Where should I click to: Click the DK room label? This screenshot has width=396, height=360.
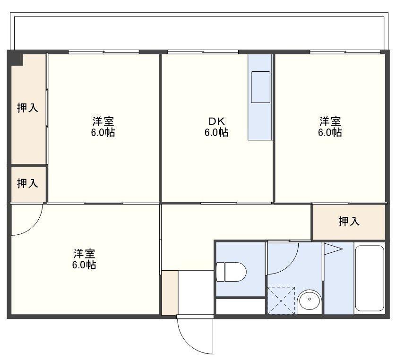click(x=216, y=121)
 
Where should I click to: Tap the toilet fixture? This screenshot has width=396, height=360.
click(x=231, y=272)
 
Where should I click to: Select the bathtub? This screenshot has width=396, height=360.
click(x=370, y=278)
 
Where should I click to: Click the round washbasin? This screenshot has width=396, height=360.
click(x=310, y=300)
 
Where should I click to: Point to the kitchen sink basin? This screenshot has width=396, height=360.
click(x=261, y=87)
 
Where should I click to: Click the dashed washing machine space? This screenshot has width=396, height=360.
click(x=281, y=300)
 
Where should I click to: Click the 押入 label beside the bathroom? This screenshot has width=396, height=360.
click(x=349, y=222)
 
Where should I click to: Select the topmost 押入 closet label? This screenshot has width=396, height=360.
click(x=27, y=108)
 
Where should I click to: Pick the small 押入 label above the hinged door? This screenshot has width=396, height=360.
click(x=27, y=183)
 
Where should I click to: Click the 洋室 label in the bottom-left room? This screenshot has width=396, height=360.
click(x=84, y=253)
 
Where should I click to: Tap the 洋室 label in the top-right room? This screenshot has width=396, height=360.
click(x=330, y=121)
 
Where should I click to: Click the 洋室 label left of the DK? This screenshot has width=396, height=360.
click(x=103, y=121)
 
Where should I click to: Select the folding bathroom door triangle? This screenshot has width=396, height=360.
click(x=333, y=249)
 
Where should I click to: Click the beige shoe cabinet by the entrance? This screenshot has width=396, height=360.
click(x=170, y=292)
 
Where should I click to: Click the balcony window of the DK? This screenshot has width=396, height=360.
click(x=203, y=52)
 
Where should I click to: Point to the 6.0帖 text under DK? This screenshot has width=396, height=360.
click(x=216, y=132)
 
